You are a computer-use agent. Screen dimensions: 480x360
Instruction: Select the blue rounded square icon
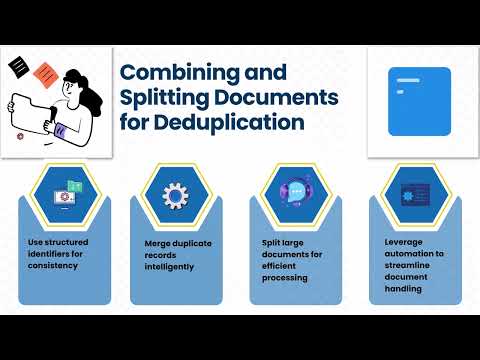(x=419, y=101)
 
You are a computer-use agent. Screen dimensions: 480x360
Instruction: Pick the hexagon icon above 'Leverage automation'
(x=413, y=194)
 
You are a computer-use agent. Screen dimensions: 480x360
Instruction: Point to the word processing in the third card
(x=288, y=279)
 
